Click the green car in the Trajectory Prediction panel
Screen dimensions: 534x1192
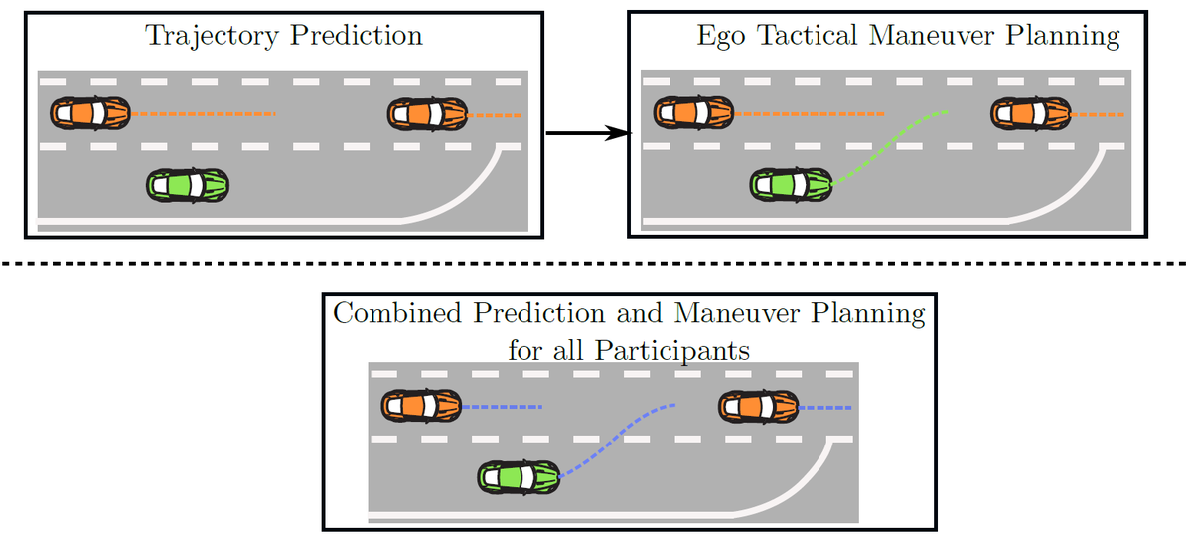click(x=188, y=185)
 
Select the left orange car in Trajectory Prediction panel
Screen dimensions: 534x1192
click(x=90, y=113)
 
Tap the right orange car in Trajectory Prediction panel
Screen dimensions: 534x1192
click(x=427, y=113)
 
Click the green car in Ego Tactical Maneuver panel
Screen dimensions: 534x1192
click(x=792, y=184)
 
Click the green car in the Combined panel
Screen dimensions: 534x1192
click(x=519, y=477)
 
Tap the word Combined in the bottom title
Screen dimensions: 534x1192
click(x=398, y=314)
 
